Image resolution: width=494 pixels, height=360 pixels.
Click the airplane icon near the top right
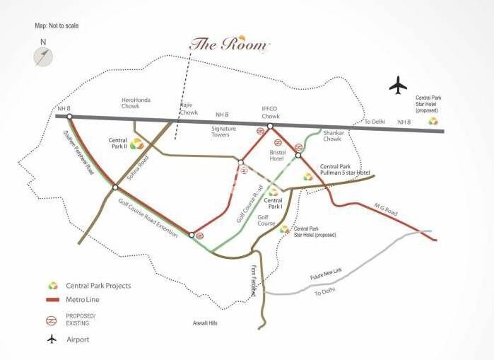[399, 86]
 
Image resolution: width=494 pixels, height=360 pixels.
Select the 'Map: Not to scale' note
[57, 25]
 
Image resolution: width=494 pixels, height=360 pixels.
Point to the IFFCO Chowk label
[271, 112]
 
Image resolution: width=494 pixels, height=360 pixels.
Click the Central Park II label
[117, 144]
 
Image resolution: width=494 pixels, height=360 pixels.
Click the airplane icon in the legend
[52, 339]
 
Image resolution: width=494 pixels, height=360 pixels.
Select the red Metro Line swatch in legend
[52, 300]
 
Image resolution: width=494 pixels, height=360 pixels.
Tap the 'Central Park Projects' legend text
[98, 286]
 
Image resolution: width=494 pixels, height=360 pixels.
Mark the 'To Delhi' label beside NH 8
[372, 122]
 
